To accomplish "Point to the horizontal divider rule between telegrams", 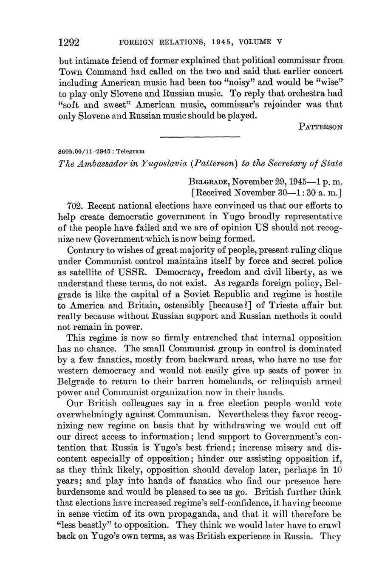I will (x=200, y=136).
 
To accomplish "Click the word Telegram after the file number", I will (x=132, y=151).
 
